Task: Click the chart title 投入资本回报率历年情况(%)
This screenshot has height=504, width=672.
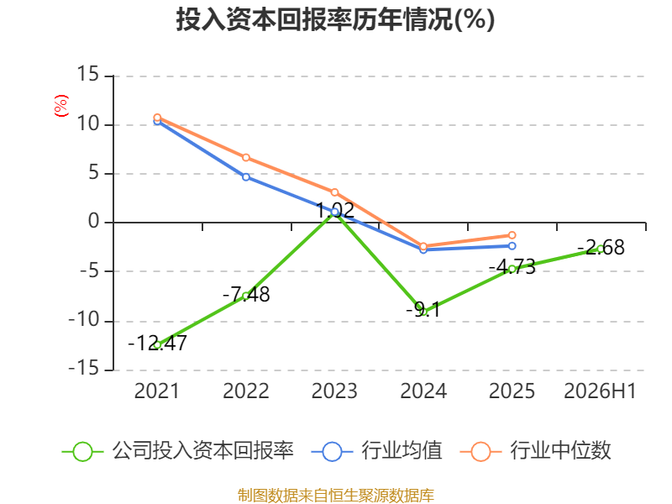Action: (335, 19)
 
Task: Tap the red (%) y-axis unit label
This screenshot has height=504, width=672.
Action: (60, 106)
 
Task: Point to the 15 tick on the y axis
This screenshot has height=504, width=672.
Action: (88, 74)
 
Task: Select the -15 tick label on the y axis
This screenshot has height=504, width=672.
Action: (84, 369)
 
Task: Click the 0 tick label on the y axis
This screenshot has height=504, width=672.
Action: (94, 222)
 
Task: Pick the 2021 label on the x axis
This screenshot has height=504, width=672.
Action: (157, 391)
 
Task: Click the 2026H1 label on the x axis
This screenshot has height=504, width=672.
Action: (600, 391)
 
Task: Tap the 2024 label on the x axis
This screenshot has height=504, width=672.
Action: (423, 391)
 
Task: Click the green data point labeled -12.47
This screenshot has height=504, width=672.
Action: (157, 344)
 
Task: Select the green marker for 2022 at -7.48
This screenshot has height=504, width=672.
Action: (246, 296)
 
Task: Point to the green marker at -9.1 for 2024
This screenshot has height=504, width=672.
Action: (423, 312)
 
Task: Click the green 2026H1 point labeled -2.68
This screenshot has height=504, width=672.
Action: (601, 249)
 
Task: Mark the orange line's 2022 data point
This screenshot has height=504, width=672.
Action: (246, 158)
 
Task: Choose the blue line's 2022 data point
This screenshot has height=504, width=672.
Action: (246, 177)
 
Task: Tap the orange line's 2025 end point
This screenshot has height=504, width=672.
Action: (512, 235)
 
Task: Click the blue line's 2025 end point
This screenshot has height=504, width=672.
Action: (512, 246)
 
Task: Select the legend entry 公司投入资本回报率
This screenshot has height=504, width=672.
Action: (178, 451)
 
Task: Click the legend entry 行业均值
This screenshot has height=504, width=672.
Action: (376, 451)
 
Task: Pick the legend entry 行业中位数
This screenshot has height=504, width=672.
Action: (535, 451)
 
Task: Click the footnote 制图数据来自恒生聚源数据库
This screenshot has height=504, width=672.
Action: (335, 496)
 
